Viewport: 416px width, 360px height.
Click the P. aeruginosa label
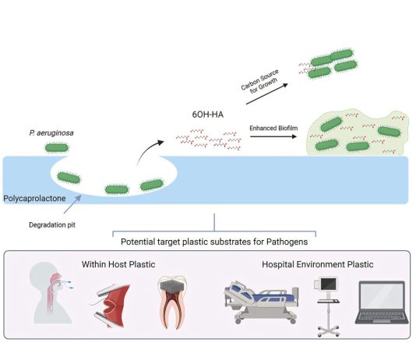point(51,132)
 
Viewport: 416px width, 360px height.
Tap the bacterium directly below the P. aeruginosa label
point(57,148)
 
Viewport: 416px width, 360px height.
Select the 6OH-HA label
point(208,115)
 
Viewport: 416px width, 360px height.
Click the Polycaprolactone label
point(34,199)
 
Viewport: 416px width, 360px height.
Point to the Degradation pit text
point(52,225)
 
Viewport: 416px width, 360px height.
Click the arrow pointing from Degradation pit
point(72,204)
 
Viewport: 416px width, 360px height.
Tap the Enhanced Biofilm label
point(273,128)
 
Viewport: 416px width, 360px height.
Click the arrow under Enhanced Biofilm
point(273,136)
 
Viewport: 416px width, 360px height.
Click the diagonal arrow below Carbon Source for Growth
point(267,94)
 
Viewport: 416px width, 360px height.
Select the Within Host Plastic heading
point(118,264)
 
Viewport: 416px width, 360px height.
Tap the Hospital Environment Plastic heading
point(318,264)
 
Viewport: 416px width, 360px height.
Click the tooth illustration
point(172,302)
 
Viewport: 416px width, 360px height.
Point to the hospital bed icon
point(261,302)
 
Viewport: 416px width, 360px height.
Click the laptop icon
point(382,302)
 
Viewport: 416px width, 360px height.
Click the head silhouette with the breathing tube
point(51,292)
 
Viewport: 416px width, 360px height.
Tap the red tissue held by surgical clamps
point(113,305)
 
